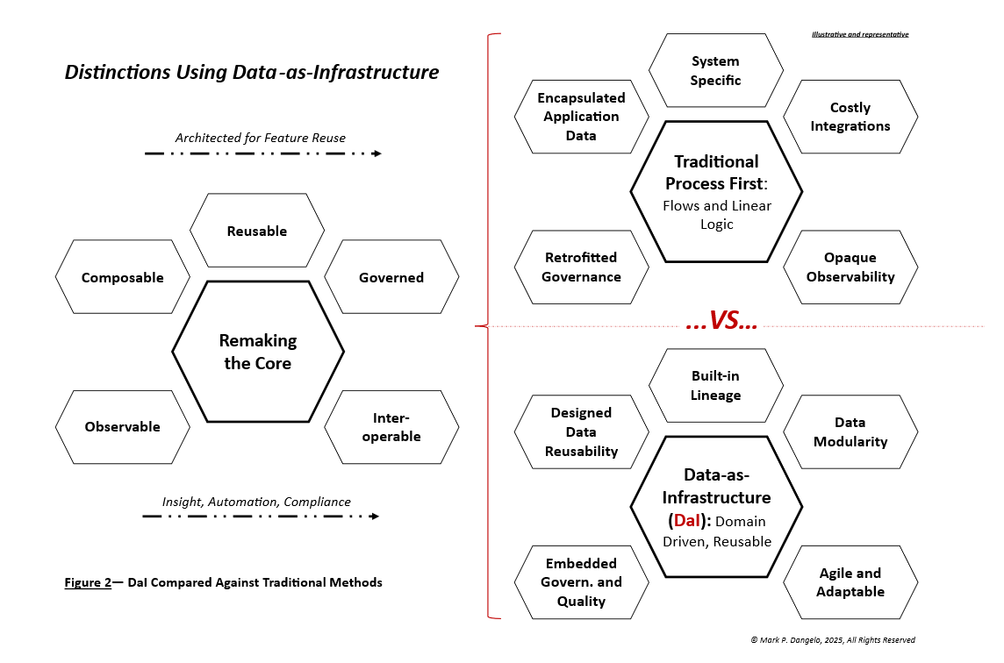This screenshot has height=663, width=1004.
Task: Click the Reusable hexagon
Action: (257, 231)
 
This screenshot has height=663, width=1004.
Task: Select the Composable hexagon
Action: (123, 277)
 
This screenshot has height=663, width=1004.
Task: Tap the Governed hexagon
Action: (391, 277)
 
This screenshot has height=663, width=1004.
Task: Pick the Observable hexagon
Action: (123, 427)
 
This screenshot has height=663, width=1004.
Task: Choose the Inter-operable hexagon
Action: (391, 427)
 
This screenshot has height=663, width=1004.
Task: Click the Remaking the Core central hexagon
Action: (258, 352)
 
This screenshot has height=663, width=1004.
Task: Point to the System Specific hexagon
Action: (715, 71)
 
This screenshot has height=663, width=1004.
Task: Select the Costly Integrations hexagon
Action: (850, 117)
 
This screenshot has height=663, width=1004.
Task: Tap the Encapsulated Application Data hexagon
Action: (581, 117)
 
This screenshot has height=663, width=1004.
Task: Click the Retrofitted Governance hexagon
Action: (581, 267)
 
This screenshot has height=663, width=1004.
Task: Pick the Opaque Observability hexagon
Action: (850, 267)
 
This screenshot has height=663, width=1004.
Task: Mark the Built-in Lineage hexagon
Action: (715, 386)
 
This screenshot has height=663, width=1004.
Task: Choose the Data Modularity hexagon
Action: (850, 432)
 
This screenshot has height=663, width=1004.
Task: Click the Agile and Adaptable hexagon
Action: (850, 582)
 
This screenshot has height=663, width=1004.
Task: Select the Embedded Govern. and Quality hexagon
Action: (581, 582)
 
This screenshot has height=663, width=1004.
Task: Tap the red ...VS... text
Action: (721, 322)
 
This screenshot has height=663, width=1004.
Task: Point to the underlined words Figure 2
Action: (88, 582)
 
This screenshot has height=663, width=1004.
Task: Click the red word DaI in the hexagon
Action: (687, 521)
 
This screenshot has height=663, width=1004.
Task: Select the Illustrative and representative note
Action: (860, 34)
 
